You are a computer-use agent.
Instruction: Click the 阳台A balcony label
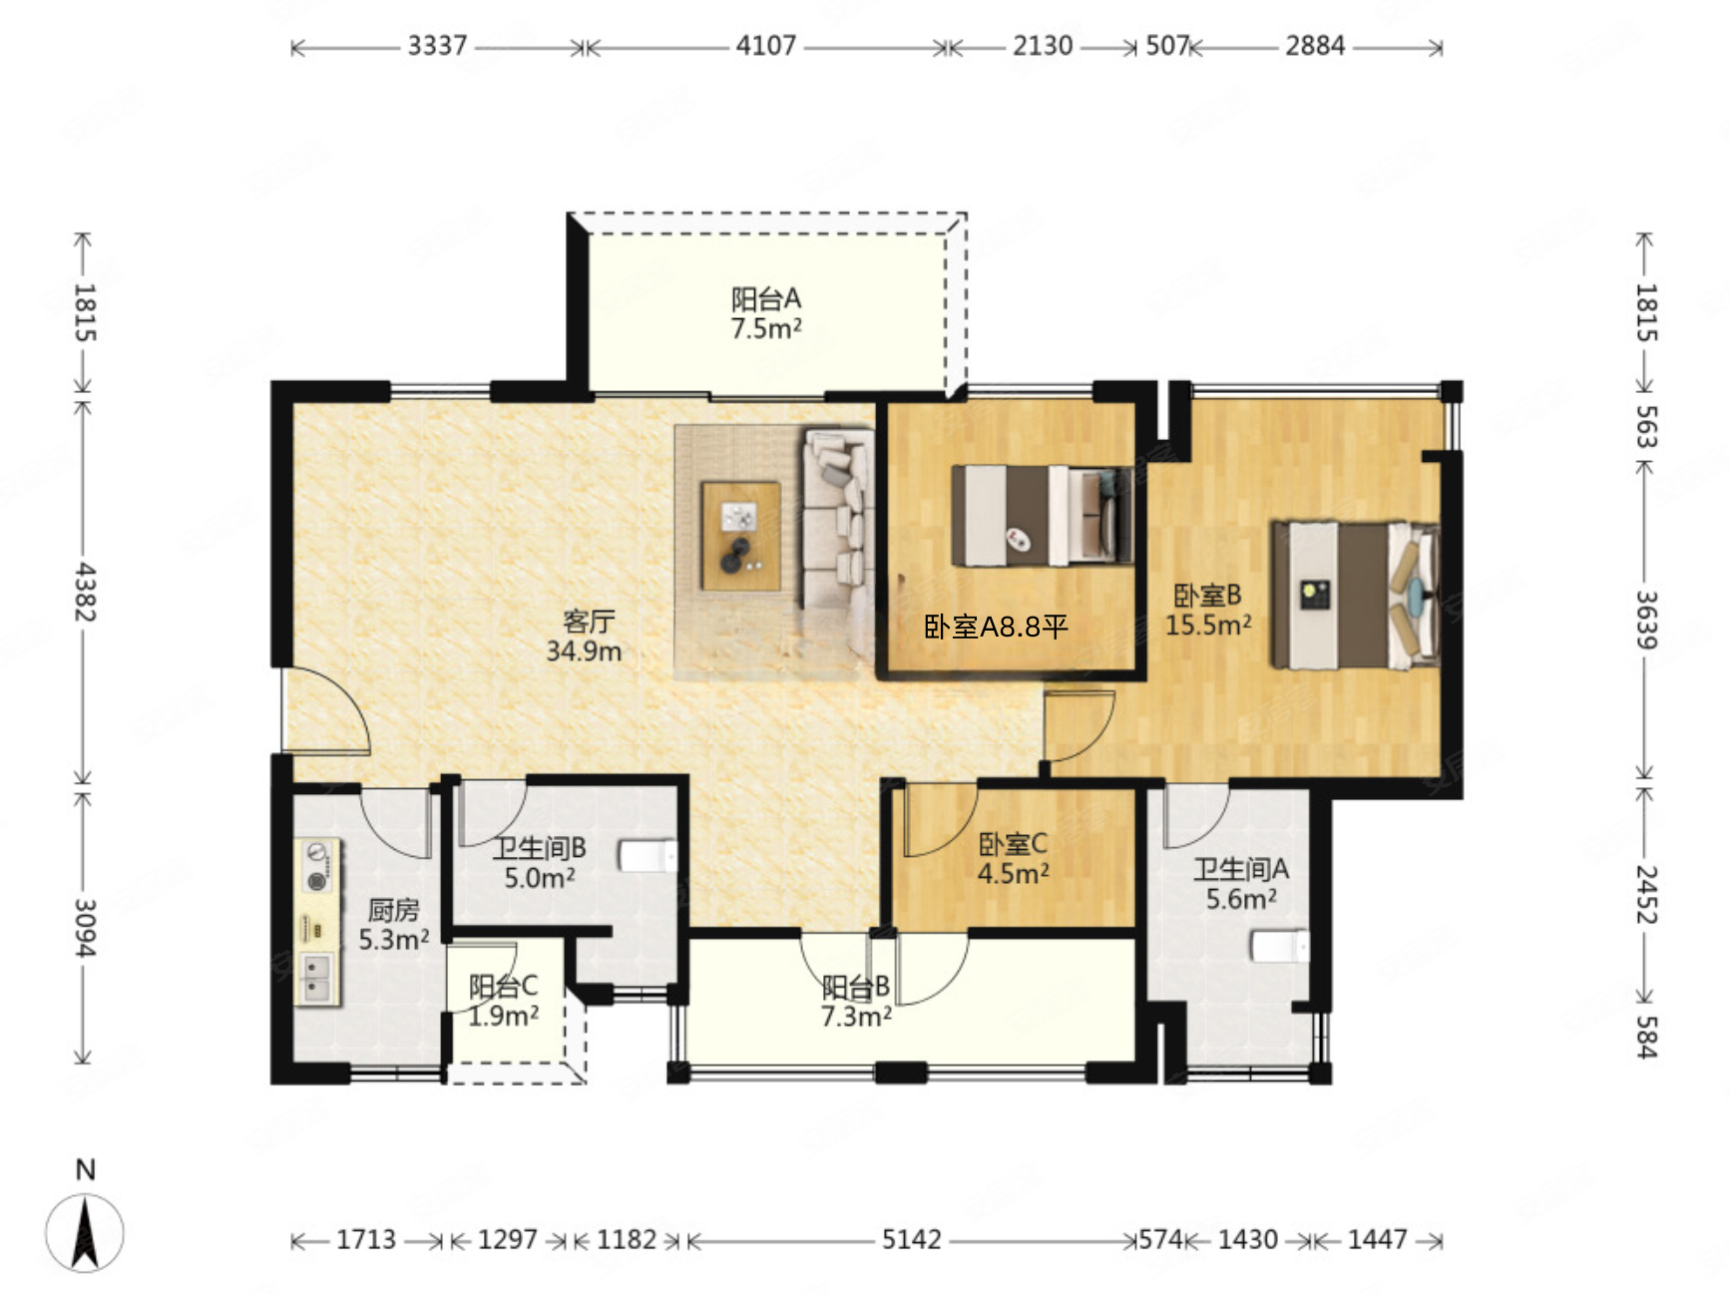766,313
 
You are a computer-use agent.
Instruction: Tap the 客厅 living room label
585,636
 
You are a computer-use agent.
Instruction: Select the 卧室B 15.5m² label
1208,610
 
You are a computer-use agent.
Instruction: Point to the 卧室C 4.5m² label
1013,858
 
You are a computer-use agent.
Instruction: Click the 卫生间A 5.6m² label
1241,884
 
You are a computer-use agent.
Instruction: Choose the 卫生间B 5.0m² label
540,863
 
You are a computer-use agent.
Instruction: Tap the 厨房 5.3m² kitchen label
394,925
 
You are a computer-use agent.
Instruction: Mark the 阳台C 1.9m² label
504,1001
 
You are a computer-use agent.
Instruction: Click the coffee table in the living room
740,536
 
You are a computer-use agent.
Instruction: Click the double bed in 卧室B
1355,595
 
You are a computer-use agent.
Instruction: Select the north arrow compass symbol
85,1233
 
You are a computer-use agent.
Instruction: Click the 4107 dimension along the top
766,46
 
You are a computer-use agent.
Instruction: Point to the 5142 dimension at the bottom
912,1240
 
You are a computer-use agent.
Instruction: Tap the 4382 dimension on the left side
85,591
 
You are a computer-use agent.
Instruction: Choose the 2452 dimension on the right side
1646,895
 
